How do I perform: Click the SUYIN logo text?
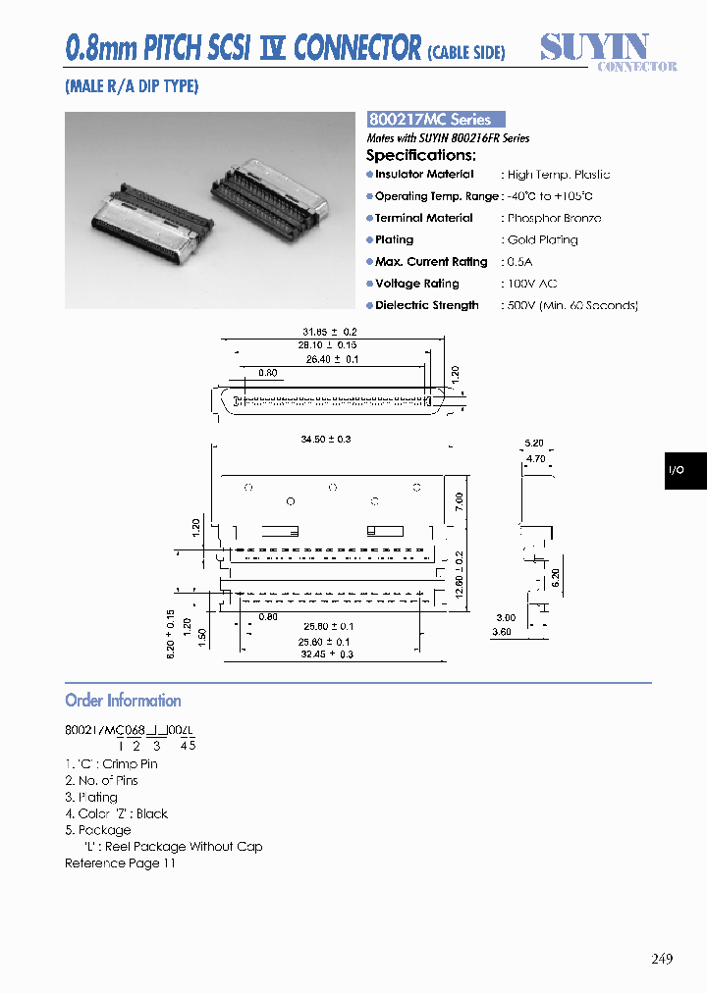coord(595,47)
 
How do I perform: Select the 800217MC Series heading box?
coord(436,119)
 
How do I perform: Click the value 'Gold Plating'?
coord(542,240)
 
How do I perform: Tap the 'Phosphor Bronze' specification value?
coord(554,218)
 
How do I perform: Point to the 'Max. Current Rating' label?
coord(431,262)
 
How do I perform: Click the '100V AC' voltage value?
coord(532,284)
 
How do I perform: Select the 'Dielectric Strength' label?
coord(427,305)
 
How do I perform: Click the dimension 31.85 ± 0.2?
coord(330,332)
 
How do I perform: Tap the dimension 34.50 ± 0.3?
coord(325,440)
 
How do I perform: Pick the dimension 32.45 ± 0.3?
coord(328,653)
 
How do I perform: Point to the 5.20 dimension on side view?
coord(534,444)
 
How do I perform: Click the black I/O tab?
coord(684,471)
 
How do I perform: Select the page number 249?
coord(662,959)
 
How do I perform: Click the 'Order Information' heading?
coord(123,701)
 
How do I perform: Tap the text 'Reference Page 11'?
coord(120,863)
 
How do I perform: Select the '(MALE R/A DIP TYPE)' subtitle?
coord(132,86)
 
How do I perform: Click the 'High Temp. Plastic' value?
coord(558,175)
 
